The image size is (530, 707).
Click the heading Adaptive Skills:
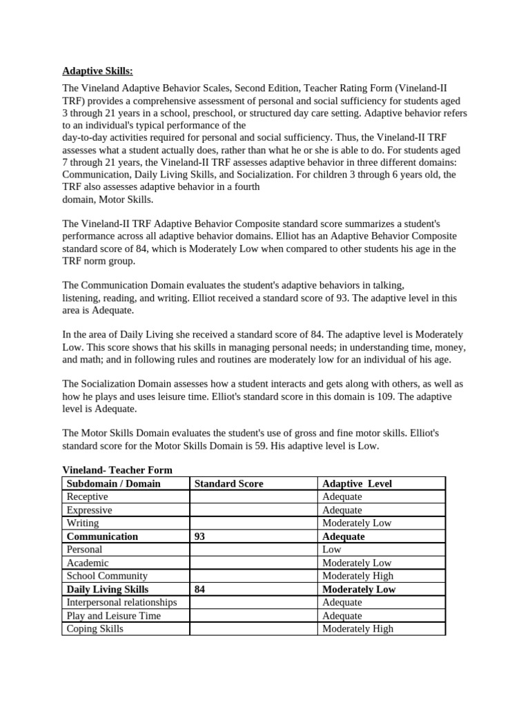(x=98, y=70)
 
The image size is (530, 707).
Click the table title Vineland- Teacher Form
(x=117, y=470)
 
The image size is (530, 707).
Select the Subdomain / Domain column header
(x=113, y=483)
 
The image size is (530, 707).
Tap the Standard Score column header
(x=228, y=483)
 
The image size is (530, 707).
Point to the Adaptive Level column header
(x=357, y=483)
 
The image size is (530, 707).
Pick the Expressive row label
(x=89, y=510)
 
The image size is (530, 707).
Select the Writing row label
(x=83, y=523)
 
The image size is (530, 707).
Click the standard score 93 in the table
(x=199, y=536)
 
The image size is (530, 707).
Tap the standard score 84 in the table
(x=199, y=590)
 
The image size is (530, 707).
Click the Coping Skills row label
(x=95, y=629)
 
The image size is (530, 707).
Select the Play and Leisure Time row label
(x=113, y=616)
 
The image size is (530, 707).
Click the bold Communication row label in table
(x=102, y=536)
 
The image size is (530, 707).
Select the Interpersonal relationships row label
(x=121, y=603)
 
